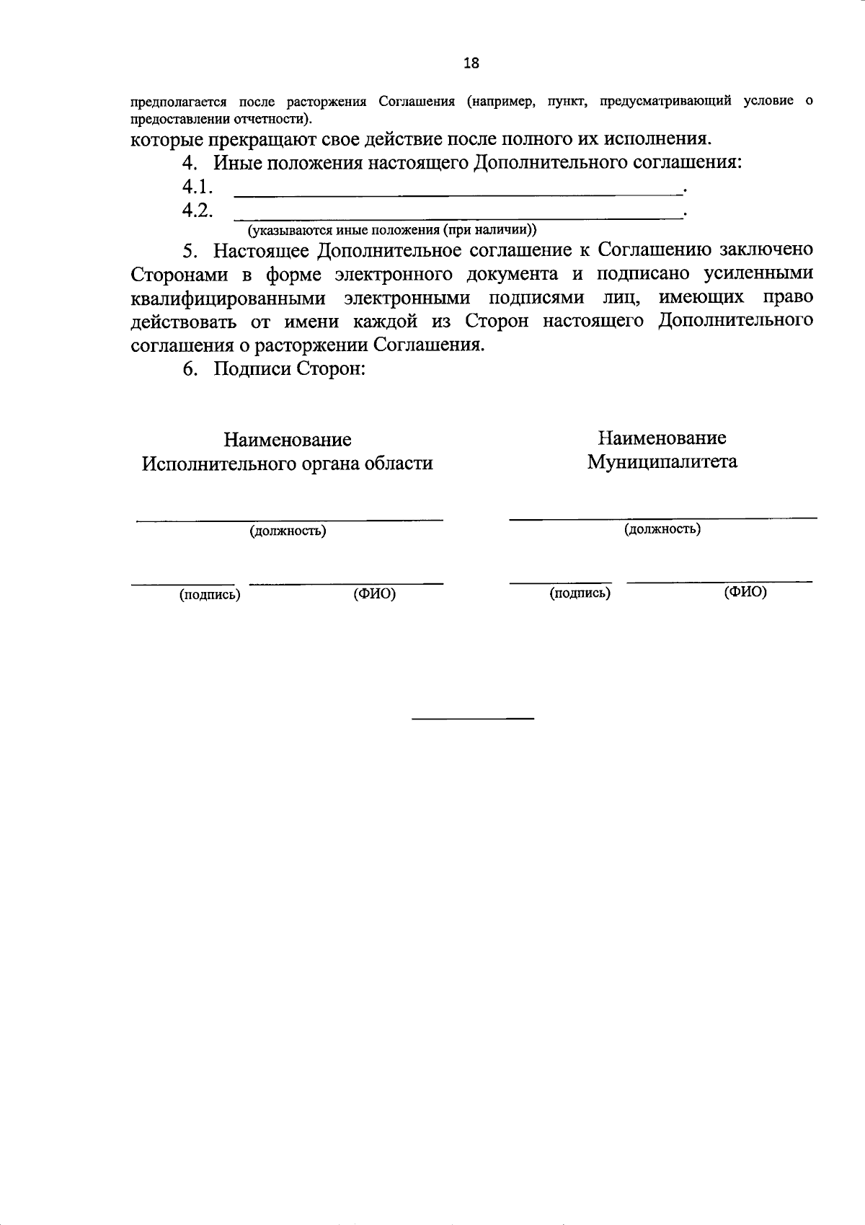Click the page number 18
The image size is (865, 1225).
click(471, 63)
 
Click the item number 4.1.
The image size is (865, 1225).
click(197, 187)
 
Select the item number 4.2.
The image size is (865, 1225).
click(197, 211)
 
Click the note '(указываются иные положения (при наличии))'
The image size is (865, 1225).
click(393, 230)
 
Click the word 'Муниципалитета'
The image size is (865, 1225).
click(662, 461)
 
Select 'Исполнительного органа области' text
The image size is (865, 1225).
click(287, 464)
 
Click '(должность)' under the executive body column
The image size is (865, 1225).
click(288, 531)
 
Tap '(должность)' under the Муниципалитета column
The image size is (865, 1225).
click(662, 529)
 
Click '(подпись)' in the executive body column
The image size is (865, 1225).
click(210, 595)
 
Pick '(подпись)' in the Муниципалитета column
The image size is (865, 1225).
click(580, 593)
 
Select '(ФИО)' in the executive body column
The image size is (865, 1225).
click(374, 594)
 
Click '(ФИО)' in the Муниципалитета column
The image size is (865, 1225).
click(745, 592)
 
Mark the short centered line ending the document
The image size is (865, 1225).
click(473, 719)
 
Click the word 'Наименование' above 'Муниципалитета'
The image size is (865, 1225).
click(661, 438)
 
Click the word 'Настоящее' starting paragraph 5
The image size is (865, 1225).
click(261, 250)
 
